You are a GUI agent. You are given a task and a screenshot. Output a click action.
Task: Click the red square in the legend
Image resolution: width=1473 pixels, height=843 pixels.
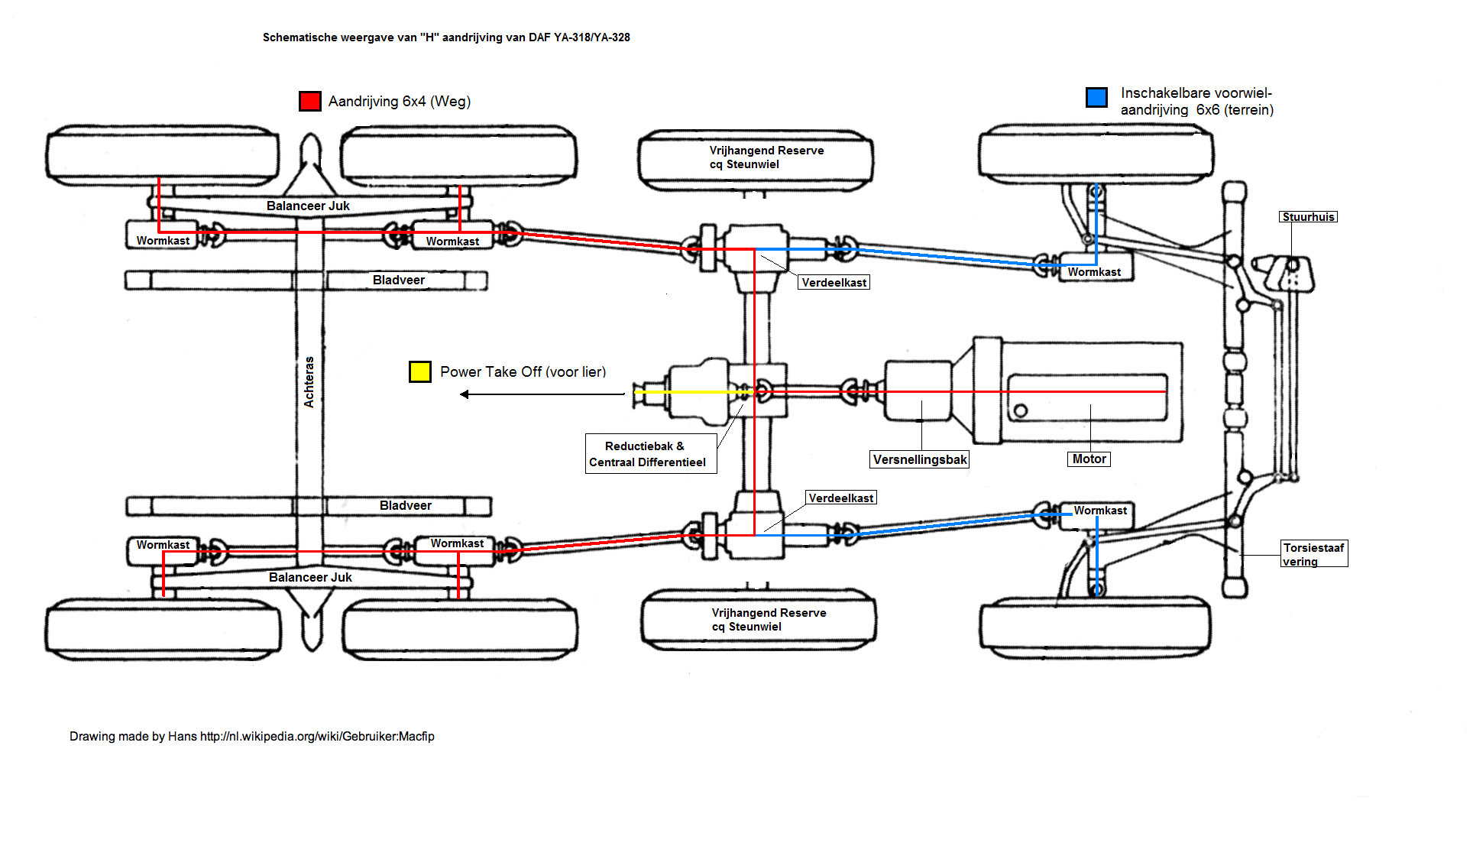(x=309, y=101)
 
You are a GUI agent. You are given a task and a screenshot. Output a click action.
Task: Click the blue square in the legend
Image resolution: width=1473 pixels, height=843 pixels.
(x=1096, y=97)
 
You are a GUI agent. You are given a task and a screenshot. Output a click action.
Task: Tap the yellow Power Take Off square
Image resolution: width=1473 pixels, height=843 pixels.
(x=419, y=371)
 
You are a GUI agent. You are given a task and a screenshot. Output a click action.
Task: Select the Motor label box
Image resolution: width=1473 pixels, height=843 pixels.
(x=1089, y=459)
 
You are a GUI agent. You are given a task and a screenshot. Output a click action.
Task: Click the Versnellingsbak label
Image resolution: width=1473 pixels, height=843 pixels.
(x=920, y=459)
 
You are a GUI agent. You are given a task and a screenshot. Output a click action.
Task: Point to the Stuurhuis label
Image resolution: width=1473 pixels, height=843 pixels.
(x=1308, y=217)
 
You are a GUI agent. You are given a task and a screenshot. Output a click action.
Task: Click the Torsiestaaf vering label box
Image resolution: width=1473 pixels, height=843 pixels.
(x=1314, y=553)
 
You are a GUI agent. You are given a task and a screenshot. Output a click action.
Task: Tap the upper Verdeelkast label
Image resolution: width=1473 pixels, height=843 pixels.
(x=834, y=283)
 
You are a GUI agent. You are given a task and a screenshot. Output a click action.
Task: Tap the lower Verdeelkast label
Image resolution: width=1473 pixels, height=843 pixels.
(x=840, y=498)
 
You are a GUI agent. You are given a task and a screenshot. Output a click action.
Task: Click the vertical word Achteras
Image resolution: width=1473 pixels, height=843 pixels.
(x=309, y=381)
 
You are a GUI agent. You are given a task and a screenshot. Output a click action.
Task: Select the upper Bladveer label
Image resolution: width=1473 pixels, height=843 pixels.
(x=399, y=280)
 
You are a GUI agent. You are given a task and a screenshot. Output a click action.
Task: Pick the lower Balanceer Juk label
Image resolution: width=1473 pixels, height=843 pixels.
(x=310, y=577)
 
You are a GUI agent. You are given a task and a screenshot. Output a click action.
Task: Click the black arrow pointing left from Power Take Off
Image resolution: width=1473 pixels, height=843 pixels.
(x=542, y=394)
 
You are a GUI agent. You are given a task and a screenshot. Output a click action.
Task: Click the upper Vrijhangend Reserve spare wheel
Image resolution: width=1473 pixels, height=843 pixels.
(x=756, y=160)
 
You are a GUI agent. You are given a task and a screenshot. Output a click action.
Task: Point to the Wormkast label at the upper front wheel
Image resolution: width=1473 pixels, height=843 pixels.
(x=1094, y=272)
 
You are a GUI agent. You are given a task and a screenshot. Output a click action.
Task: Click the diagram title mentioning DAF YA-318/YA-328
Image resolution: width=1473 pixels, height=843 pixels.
(x=446, y=37)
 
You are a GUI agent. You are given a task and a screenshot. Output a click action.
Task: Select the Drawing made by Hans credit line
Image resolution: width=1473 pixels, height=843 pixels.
(x=252, y=736)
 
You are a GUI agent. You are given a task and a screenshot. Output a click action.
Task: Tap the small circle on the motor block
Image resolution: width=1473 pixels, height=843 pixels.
(x=1021, y=411)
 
